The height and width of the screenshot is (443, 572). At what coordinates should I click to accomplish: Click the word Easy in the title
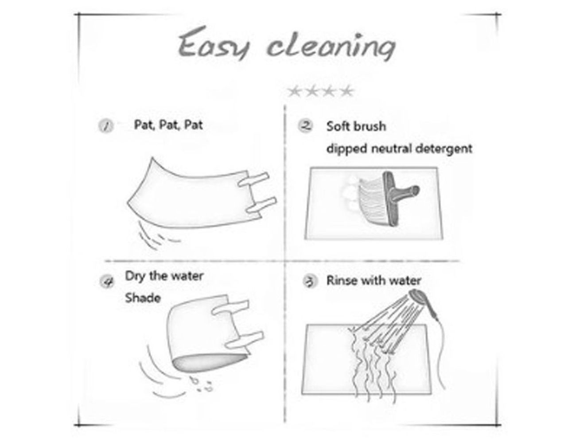213,43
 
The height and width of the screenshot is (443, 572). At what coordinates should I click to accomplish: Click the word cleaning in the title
331,47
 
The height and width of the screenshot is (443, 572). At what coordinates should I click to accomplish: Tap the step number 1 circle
106,126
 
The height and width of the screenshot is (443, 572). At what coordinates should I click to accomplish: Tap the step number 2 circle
306,126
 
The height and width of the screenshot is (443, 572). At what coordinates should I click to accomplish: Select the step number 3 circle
310,281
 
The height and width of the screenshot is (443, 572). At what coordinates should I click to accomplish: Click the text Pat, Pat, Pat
168,125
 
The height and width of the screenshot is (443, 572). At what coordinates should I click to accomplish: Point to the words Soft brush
356,127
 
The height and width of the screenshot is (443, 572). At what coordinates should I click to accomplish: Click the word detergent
444,149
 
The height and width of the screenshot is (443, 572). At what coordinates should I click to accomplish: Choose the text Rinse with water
374,280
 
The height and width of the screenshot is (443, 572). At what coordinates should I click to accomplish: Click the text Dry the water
164,276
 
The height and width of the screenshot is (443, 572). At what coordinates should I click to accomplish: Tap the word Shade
143,298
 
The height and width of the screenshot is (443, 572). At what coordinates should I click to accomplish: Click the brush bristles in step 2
372,201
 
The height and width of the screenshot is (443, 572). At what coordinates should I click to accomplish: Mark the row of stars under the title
320,91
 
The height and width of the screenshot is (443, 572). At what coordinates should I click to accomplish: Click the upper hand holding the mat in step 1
253,179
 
